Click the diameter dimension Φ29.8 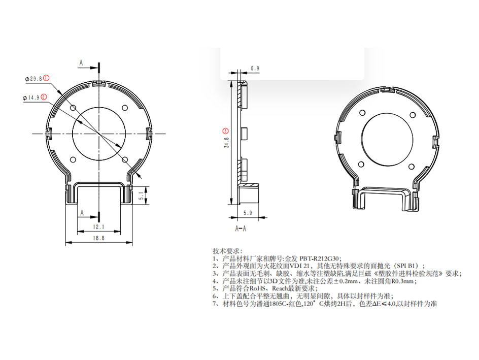click(34, 79)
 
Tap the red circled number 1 click(46, 78)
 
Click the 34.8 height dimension click(227, 143)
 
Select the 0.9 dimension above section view click(255, 68)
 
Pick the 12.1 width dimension click(99, 226)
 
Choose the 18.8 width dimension click(99, 238)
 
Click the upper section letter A click(81, 63)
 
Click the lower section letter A click(81, 214)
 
